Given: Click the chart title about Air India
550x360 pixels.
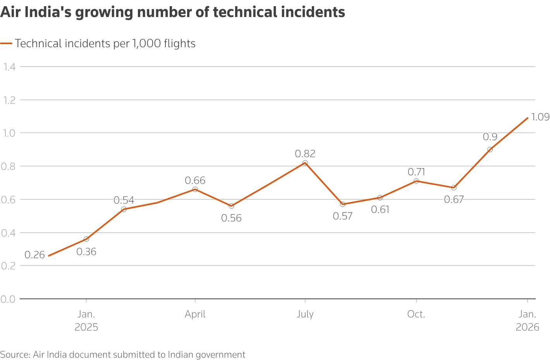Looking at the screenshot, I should pyautogui.click(x=172, y=12).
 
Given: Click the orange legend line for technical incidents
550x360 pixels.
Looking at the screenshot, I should pyautogui.click(x=7, y=43).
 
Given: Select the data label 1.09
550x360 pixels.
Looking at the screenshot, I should pyautogui.click(x=540, y=117).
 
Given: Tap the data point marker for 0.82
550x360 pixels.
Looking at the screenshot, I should pyautogui.click(x=305, y=163).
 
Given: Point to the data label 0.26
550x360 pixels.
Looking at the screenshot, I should pyautogui.click(x=34, y=255).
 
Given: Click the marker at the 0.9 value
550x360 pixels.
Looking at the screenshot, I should pyautogui.click(x=490, y=149).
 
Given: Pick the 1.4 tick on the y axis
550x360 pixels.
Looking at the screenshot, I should pyautogui.click(x=9, y=67).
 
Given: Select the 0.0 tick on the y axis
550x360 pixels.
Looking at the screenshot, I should pyautogui.click(x=8, y=299).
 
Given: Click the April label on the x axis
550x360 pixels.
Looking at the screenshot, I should pyautogui.click(x=195, y=314).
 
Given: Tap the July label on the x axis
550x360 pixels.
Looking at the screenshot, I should pyautogui.click(x=305, y=314).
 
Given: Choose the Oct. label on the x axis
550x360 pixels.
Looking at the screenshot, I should pyautogui.click(x=416, y=314).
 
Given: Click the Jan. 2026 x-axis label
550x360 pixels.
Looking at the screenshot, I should pyautogui.click(x=527, y=321).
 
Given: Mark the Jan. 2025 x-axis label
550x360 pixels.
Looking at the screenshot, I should pyautogui.click(x=86, y=321).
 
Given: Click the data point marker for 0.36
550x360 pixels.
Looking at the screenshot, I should pyautogui.click(x=86, y=239).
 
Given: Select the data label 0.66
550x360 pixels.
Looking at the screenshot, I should pyautogui.click(x=195, y=180).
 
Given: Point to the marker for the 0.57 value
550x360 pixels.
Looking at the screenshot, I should pyautogui.click(x=342, y=204).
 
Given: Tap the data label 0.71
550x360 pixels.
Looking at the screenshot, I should pyautogui.click(x=416, y=172).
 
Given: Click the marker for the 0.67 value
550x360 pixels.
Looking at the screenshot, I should pyautogui.click(x=454, y=188).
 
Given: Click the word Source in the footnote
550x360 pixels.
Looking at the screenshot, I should pyautogui.click(x=15, y=355).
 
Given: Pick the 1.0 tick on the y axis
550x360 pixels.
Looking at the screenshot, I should pyautogui.click(x=9, y=133).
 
